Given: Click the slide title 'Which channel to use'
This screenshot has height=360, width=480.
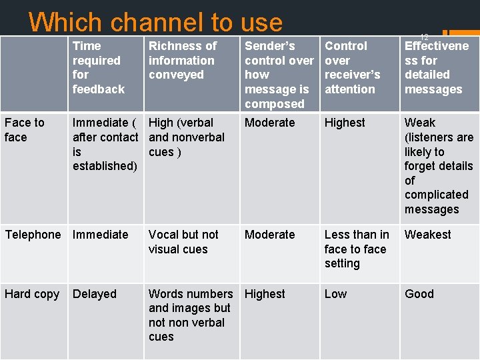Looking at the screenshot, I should pos(155,22).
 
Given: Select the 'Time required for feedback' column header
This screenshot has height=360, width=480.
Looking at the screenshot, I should pos(98,67).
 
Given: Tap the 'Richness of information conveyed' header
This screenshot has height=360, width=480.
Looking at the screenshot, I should pos(182,60).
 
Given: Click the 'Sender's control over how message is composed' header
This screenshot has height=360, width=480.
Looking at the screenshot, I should pos(278,75).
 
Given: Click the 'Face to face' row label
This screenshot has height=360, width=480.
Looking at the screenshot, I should pos(25,130).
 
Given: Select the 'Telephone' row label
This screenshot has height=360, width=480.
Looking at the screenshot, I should pos(33,235).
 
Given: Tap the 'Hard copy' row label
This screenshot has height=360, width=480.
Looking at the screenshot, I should pos(32,294).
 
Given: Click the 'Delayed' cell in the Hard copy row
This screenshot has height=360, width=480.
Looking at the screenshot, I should pos(94,294).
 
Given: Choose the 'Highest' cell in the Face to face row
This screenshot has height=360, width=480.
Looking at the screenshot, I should pos(345,123).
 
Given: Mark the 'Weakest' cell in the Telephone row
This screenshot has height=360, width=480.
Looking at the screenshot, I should pos(427,235).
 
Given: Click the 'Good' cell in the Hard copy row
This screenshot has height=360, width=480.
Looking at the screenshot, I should pos(419,294).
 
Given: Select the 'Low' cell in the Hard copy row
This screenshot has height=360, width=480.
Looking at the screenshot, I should pos(335,294).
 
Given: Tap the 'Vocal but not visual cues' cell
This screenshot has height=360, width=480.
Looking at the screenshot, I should pos(183,242).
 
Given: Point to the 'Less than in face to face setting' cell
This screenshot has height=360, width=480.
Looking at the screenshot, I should pos(356,249).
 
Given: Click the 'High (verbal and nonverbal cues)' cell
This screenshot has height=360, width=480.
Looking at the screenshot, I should pos(186,137).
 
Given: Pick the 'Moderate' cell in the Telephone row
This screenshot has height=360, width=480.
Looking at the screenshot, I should pos(269,235).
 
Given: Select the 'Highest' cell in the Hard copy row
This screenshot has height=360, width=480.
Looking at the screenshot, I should pos(265,294).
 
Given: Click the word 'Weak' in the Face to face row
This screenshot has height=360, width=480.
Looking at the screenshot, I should pos(420,123).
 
